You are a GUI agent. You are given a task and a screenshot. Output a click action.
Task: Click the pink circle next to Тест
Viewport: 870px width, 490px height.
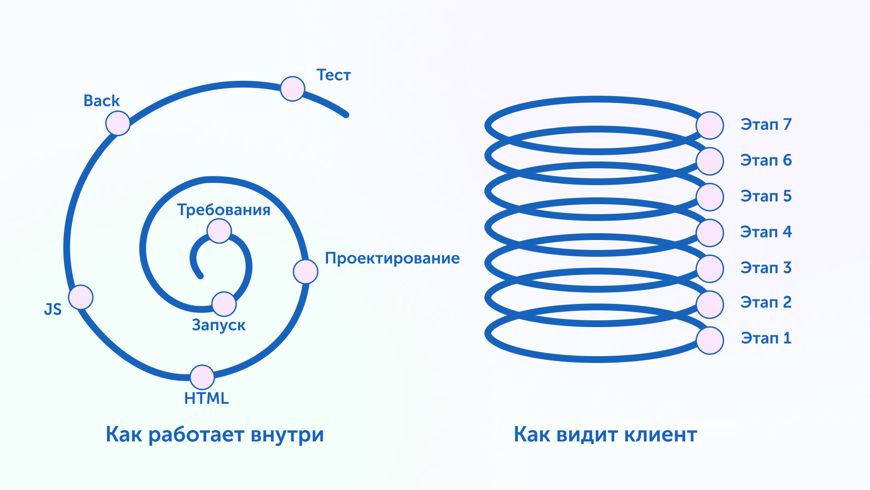[292, 89]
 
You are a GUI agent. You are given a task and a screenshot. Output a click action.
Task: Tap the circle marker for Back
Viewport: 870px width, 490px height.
[118, 123]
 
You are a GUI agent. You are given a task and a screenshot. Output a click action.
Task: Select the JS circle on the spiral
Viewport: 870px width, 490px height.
[81, 297]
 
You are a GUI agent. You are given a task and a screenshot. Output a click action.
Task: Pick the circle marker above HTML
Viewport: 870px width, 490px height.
[202, 377]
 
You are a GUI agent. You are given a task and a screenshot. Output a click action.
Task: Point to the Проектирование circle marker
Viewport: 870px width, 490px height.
[305, 271]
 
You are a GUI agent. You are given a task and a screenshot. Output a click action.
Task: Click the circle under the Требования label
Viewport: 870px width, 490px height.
[219, 231]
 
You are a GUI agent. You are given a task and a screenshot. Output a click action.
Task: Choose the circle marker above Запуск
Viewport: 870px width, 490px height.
[224, 304]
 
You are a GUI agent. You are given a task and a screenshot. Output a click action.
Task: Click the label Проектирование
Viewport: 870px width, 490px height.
[392, 258]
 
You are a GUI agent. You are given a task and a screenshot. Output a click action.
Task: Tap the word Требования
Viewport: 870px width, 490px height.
[223, 210]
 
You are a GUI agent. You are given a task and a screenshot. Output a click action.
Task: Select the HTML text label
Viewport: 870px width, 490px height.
[206, 398]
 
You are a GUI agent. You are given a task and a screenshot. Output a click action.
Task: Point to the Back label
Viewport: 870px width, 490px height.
[101, 101]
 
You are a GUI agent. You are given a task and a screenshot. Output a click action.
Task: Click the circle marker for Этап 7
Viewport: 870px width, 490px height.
[710, 125]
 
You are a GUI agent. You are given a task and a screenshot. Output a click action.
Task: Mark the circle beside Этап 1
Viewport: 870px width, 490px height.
[710, 340]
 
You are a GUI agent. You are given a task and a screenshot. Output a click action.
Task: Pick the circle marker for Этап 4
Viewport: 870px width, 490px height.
[710, 233]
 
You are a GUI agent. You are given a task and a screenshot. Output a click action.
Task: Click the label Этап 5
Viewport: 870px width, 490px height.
[766, 196]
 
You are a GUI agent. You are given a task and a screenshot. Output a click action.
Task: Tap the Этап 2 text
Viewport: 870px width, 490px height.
[766, 302]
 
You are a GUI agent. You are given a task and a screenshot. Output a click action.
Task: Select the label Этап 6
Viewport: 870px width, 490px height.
[766, 160]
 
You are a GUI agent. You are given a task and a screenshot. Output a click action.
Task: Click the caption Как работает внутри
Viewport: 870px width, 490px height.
[215, 434]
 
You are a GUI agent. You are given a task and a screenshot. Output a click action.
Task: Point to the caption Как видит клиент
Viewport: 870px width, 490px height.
[605, 434]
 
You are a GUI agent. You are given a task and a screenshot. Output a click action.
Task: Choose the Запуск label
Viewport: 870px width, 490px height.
[218, 325]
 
